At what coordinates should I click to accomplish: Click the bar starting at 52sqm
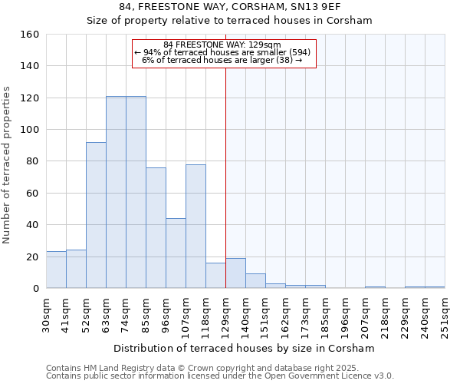pos(96,215)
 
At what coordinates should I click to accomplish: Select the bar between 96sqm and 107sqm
pos(176,253)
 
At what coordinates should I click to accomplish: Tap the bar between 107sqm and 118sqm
pos(195,227)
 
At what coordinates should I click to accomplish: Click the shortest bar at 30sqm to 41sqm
pos(56,270)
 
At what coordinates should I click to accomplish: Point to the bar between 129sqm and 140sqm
pos(235,273)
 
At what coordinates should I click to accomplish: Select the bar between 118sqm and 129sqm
pos(215,276)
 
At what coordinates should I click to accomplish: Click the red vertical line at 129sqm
pos(225,177)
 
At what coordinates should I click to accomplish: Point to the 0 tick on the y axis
pos(35,288)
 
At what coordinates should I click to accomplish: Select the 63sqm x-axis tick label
pos(106,313)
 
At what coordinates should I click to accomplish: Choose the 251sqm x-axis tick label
pos(445,313)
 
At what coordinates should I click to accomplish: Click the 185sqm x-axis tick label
pos(325,313)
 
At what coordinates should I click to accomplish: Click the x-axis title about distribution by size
pos(244,348)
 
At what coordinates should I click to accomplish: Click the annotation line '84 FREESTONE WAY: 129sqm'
pos(222,45)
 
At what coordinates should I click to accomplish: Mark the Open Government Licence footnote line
pos(220,376)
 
